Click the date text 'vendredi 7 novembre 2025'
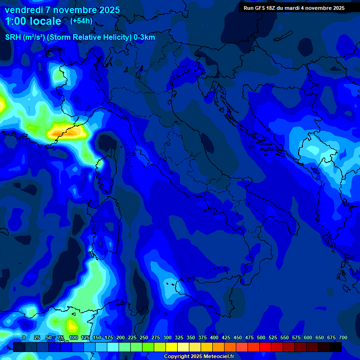click(62, 10)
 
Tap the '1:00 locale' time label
click(33, 21)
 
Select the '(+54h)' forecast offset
click(81, 21)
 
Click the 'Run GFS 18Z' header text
click(262, 8)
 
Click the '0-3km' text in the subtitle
click(144, 37)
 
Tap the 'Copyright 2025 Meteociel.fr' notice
click(199, 357)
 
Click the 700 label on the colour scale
click(343, 337)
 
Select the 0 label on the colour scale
click(24, 337)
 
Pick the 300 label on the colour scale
click(167, 337)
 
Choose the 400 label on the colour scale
click(214, 337)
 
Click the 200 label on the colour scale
click(120, 337)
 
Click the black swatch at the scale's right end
click(336, 347)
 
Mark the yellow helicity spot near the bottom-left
click(72, 324)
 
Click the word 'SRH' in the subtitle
click(13, 37)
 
